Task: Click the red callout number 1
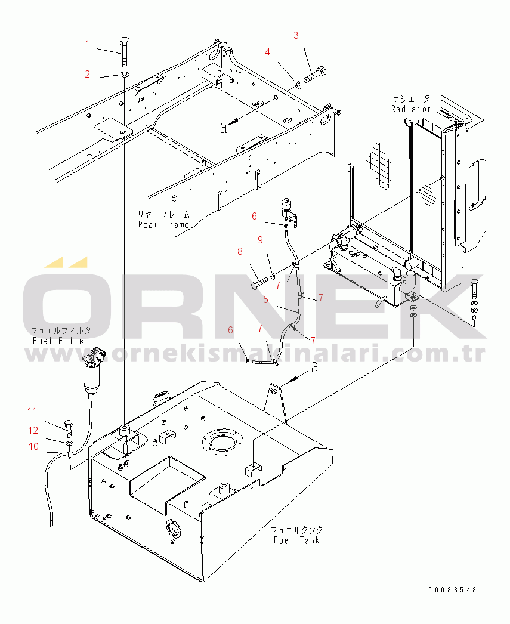[x=88, y=44]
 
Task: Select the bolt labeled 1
[x=124, y=52]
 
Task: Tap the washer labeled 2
[x=125, y=75]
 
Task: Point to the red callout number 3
[x=296, y=35]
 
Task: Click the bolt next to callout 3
[x=315, y=75]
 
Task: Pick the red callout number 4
[x=267, y=52]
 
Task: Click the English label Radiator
[x=411, y=109]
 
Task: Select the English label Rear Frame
[x=163, y=225]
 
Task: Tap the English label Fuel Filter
[x=60, y=341]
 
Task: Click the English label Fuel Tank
[x=296, y=540]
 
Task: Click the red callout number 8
[x=240, y=251]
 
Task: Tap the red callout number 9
[x=260, y=240]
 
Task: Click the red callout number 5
[x=266, y=299]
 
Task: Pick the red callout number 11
[x=32, y=411]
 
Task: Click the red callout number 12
[x=33, y=430]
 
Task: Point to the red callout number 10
[x=33, y=446]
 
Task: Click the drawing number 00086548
[x=452, y=589]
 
